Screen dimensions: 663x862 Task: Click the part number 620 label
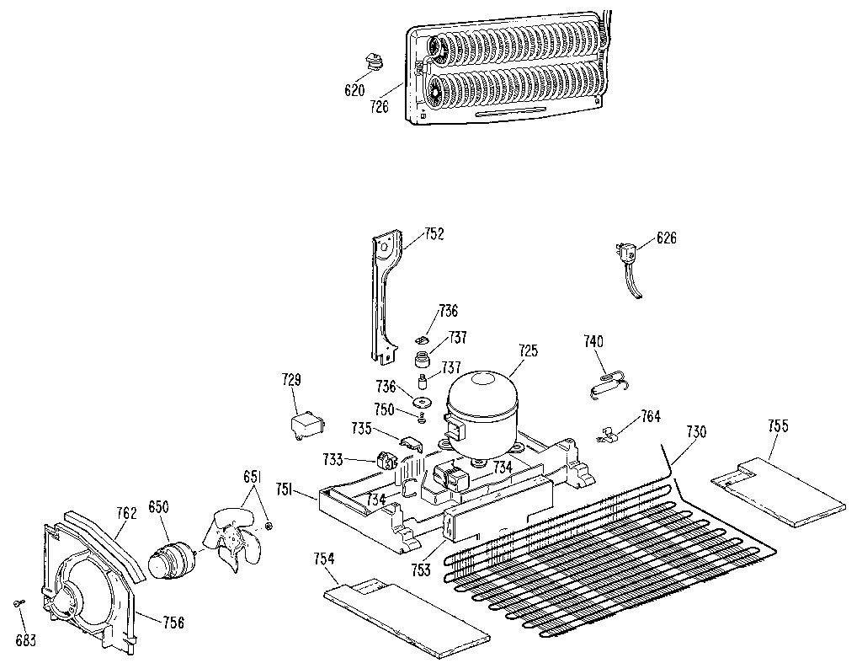coord(354,90)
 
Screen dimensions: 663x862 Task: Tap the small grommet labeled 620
coord(371,63)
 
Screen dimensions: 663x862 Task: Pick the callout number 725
coord(528,350)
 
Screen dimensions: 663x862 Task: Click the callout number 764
coord(650,416)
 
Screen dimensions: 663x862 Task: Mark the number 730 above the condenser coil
coord(696,431)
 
